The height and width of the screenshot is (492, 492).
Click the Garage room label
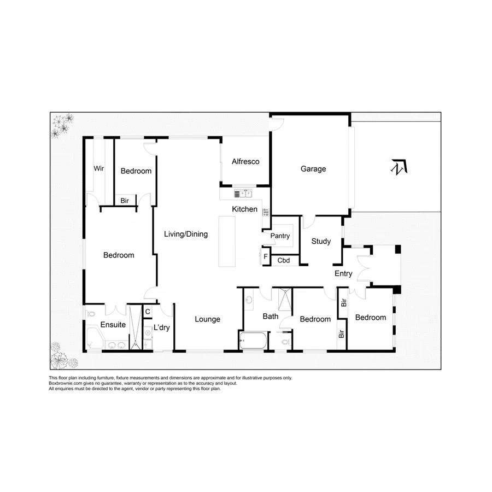click(x=313, y=169)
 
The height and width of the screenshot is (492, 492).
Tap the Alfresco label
click(x=245, y=162)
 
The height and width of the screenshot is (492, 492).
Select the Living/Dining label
click(x=186, y=235)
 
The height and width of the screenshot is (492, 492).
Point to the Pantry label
click(x=279, y=237)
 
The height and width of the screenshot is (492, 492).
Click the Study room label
click(x=321, y=241)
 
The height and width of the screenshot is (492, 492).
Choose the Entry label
click(x=343, y=274)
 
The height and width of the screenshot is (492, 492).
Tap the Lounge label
click(x=208, y=319)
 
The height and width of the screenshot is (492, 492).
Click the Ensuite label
click(x=113, y=325)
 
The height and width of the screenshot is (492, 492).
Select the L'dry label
click(x=162, y=327)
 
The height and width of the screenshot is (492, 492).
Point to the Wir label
click(x=98, y=168)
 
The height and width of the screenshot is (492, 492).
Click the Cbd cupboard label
click(x=284, y=260)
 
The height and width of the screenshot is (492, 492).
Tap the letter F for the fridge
click(x=266, y=256)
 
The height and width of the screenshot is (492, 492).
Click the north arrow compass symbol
click(x=399, y=167)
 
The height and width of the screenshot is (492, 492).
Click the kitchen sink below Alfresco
click(x=244, y=193)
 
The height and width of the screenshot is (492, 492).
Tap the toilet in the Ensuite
click(x=91, y=315)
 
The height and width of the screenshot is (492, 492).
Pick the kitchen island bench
click(x=226, y=241)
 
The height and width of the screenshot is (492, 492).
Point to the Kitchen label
click(x=244, y=209)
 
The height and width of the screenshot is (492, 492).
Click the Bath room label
click(x=271, y=316)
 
